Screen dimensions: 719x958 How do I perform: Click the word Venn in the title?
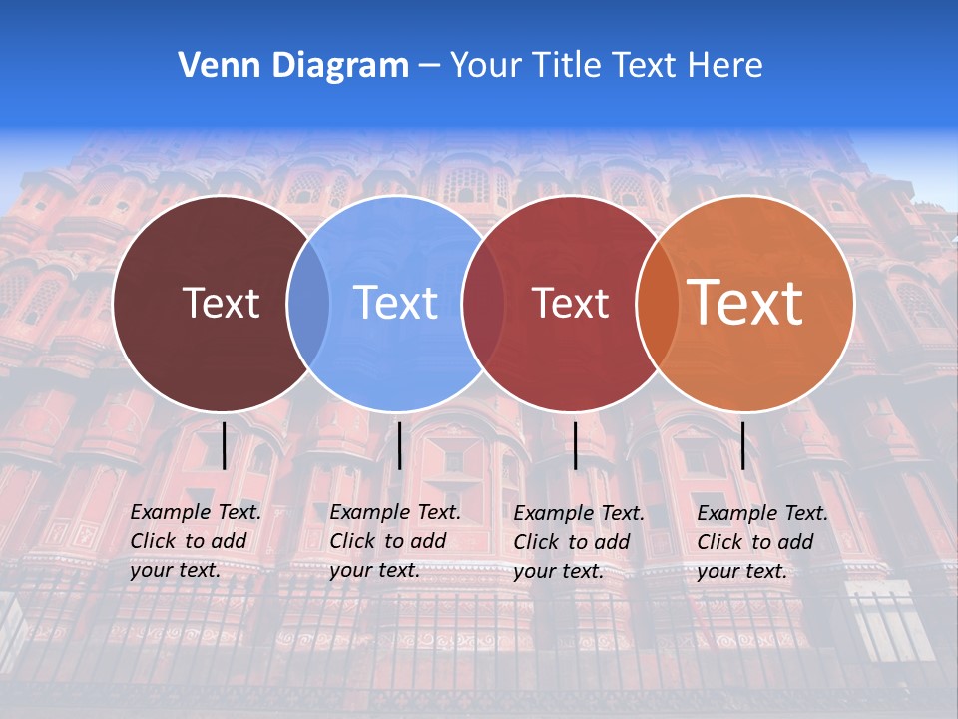213,66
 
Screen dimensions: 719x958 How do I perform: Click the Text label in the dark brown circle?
221,303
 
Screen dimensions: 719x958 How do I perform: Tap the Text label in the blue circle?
395,303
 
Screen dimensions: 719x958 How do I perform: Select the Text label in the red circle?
570,303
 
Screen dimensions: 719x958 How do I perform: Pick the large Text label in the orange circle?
745,303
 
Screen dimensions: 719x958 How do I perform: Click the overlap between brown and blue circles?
308,303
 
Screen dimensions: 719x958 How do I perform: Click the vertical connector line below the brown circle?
224,445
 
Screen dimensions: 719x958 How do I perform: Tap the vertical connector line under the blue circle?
399,445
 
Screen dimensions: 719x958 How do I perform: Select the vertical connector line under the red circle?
575,445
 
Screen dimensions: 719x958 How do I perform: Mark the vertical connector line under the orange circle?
742,445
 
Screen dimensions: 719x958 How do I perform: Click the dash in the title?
429,66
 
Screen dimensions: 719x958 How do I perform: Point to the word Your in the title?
485,66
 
